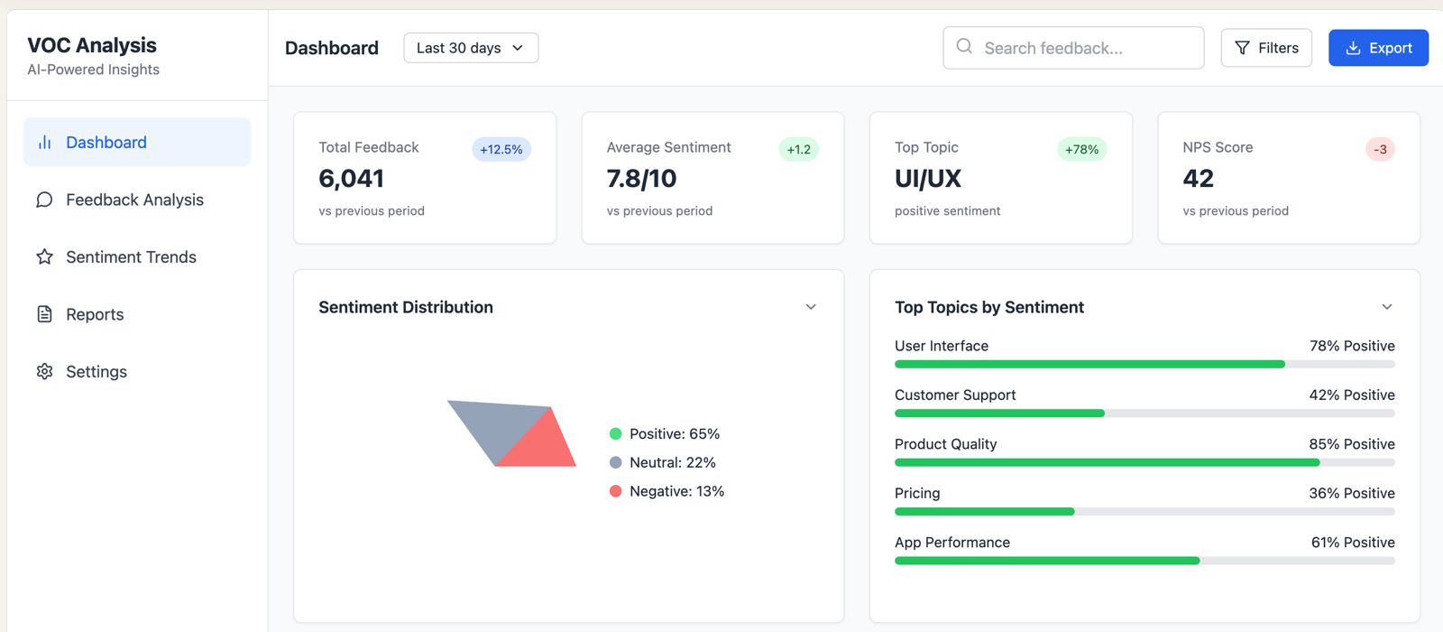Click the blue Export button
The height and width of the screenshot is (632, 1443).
(x=1378, y=48)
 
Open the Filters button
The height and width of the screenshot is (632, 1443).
(x=1266, y=48)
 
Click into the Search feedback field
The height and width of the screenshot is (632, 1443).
(x=1073, y=48)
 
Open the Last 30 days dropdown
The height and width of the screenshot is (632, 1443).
(x=471, y=48)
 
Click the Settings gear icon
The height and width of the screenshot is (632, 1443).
(x=44, y=371)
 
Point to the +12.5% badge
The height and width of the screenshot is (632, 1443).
(x=501, y=149)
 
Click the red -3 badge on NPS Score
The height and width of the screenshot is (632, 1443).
(x=1380, y=149)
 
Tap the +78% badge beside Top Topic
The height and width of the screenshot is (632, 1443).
(x=1081, y=149)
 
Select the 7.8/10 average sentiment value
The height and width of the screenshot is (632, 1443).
(x=641, y=178)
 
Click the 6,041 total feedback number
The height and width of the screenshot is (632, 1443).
(x=351, y=179)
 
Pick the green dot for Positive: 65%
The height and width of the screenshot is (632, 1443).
(x=615, y=434)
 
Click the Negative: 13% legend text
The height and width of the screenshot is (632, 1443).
(x=676, y=491)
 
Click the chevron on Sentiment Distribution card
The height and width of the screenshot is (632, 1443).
(x=811, y=307)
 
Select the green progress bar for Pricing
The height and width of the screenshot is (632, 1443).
(x=984, y=511)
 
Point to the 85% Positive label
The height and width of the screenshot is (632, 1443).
(x=1352, y=443)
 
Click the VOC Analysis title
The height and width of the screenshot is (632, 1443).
(x=92, y=45)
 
